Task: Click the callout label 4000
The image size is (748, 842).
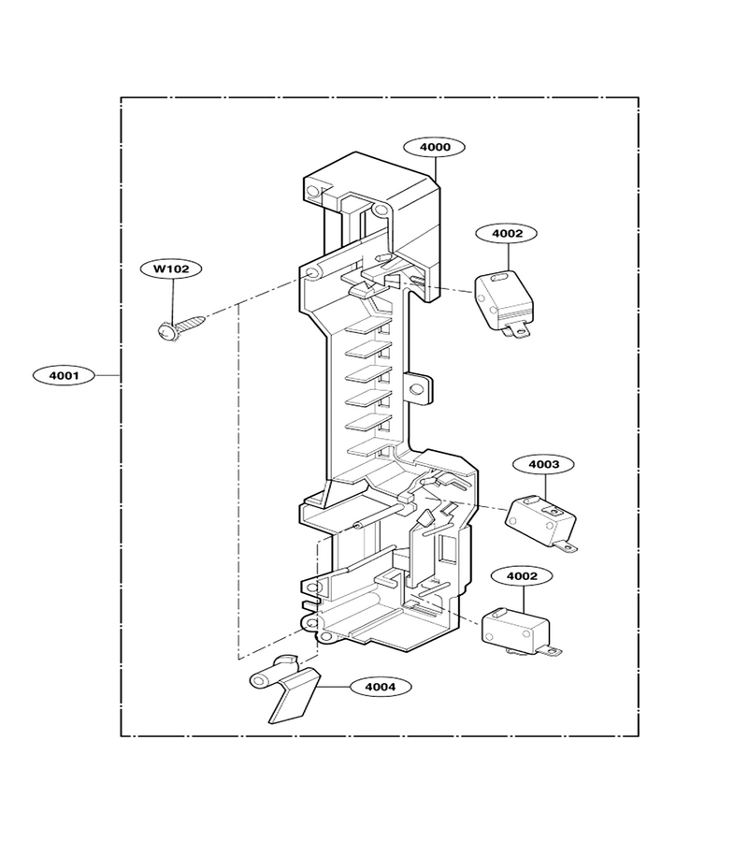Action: (x=435, y=147)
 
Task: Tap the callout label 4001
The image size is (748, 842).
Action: (x=64, y=375)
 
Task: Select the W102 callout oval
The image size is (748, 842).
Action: (x=171, y=269)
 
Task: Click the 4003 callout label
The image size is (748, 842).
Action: (x=543, y=464)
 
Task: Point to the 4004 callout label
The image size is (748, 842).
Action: (x=381, y=687)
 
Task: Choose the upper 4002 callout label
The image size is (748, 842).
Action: (x=507, y=234)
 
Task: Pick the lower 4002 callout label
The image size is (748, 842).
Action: (x=522, y=576)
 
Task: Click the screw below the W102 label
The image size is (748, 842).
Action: (x=181, y=327)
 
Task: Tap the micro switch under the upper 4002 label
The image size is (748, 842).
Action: (x=504, y=303)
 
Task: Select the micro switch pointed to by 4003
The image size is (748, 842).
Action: (x=540, y=521)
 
